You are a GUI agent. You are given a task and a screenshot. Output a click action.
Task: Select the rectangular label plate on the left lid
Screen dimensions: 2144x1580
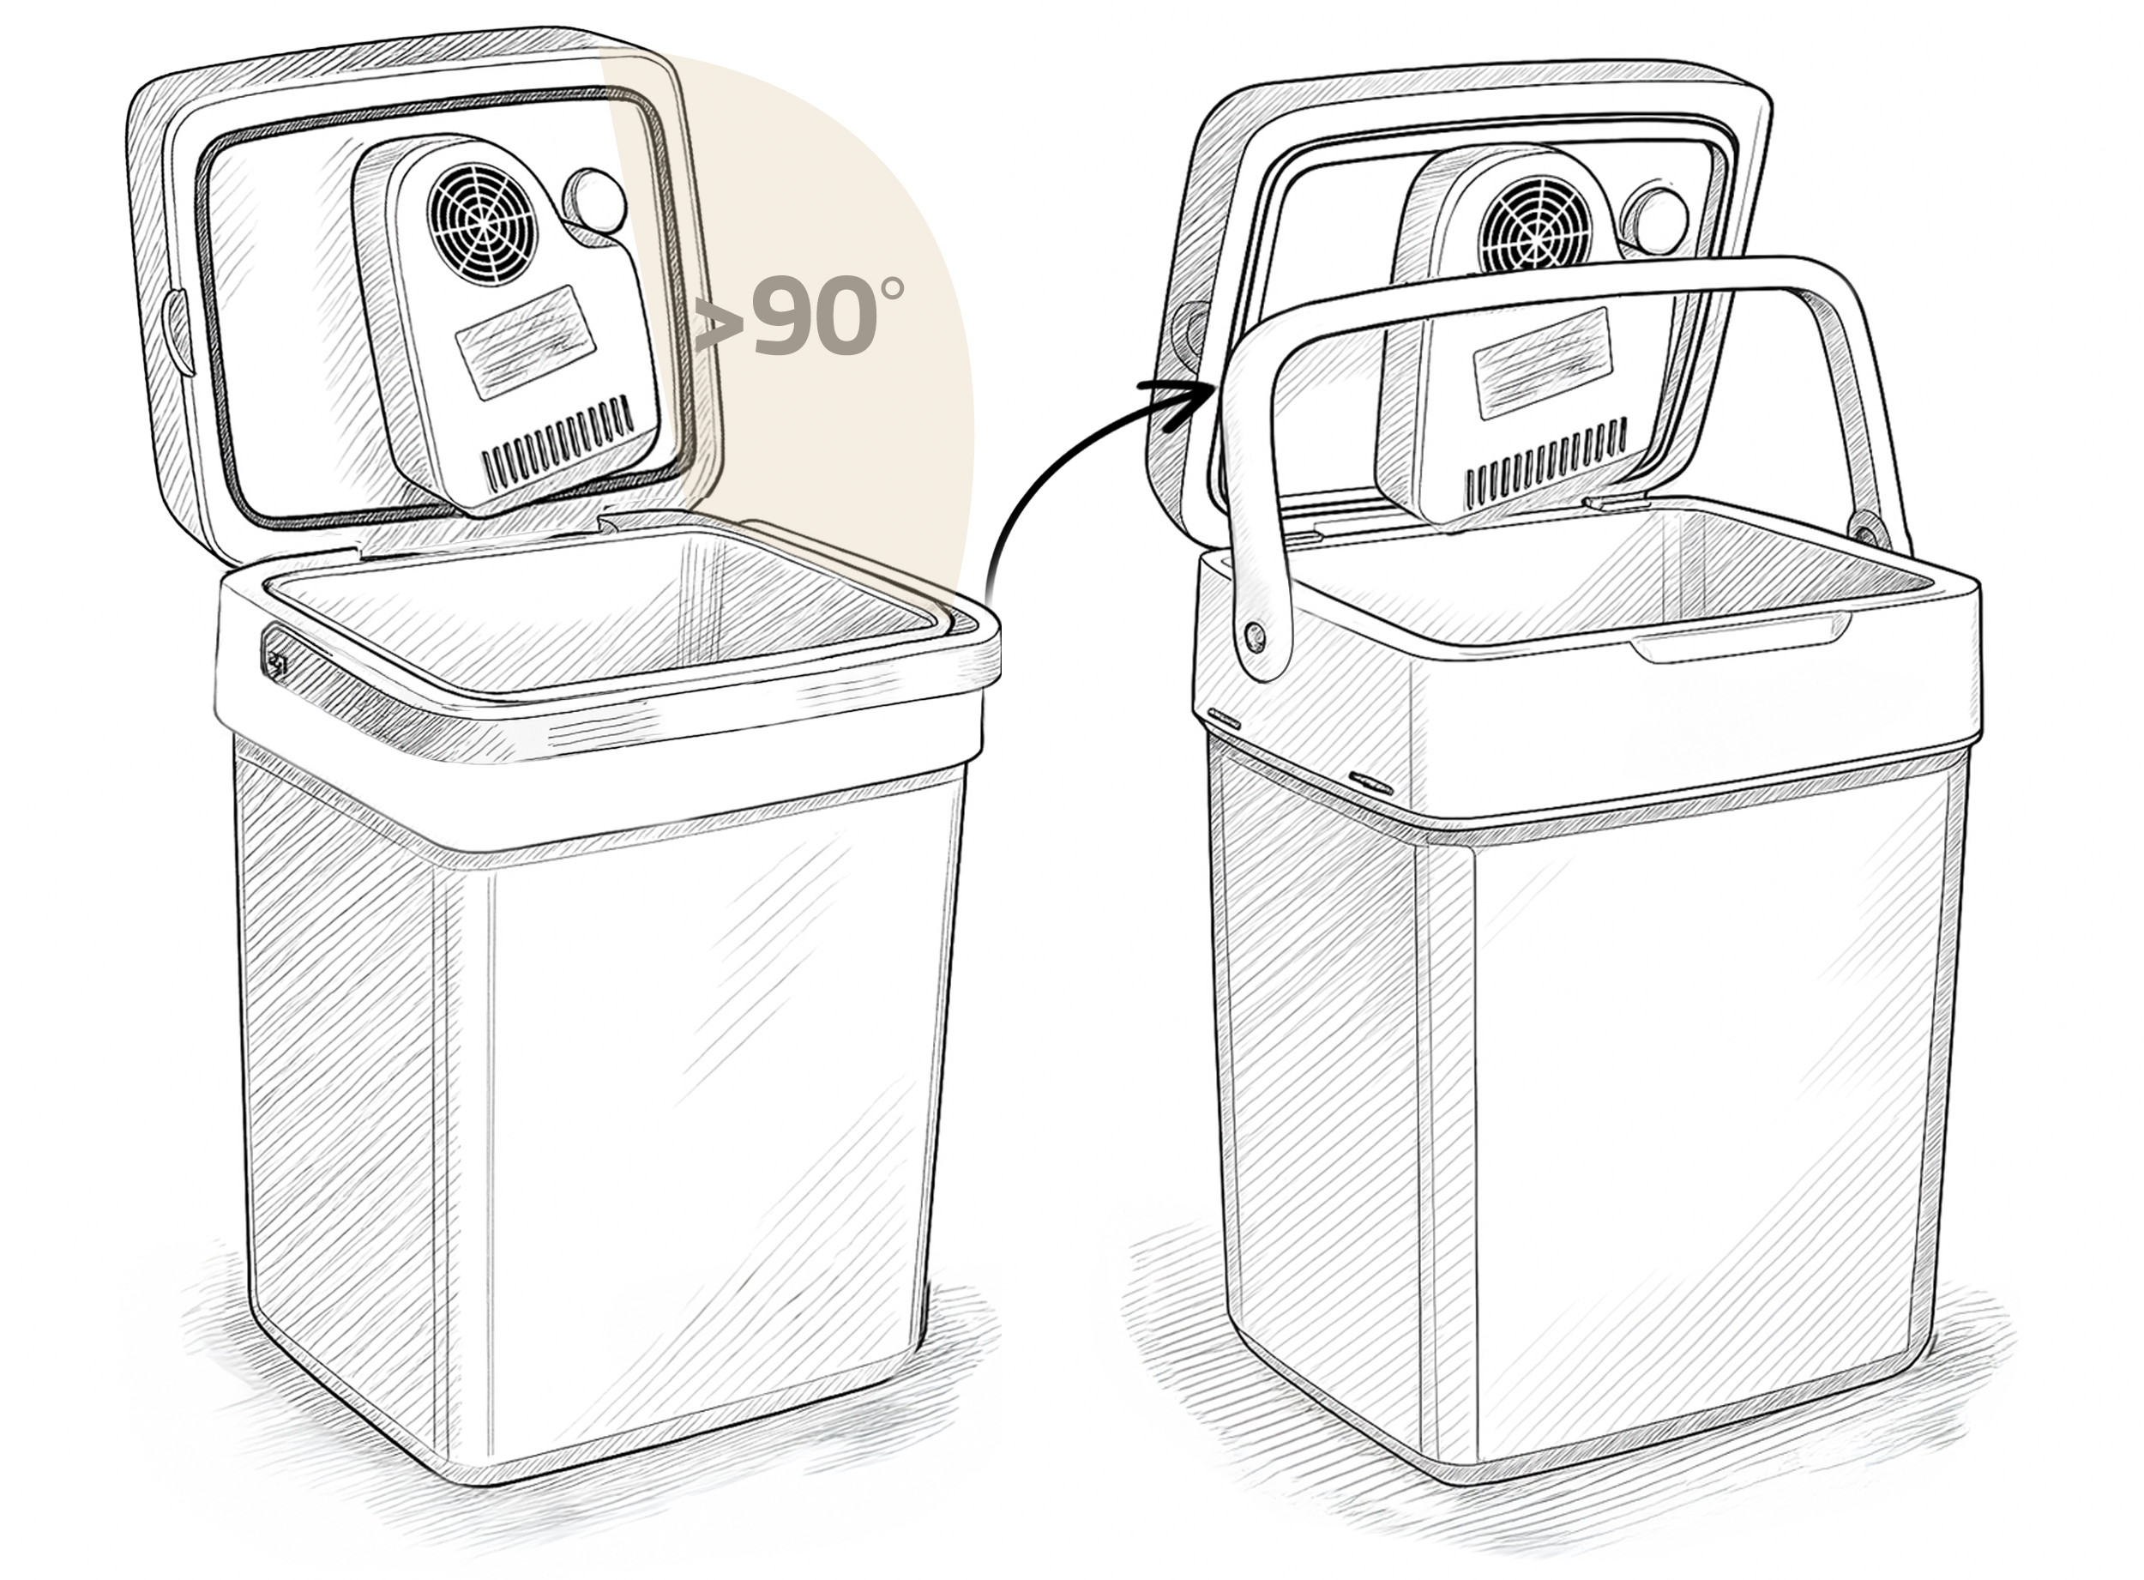coord(525,341)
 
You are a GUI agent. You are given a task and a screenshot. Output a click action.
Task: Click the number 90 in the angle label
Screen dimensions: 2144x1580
coord(816,316)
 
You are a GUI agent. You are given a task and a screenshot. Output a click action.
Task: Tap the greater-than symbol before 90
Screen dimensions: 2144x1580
coord(720,323)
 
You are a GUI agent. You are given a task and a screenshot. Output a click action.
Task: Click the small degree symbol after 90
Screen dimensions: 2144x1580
coord(891,288)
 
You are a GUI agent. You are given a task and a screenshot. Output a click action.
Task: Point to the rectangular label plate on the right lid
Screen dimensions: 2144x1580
coord(1544,364)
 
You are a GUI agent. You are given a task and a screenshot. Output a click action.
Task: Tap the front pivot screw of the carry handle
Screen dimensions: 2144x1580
coord(1256,635)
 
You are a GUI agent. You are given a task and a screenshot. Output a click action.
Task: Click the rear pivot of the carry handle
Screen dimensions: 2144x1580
coord(1863,525)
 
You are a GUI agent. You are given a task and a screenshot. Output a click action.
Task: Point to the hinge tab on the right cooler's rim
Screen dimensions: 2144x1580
coord(1616,500)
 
